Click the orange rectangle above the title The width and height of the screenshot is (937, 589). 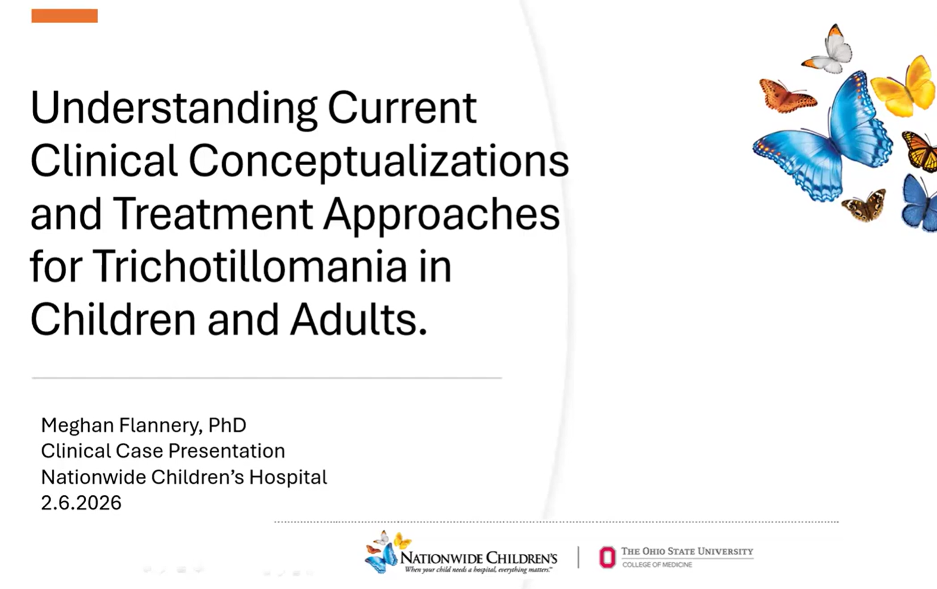click(x=64, y=15)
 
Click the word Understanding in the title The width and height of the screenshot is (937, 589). click(x=173, y=108)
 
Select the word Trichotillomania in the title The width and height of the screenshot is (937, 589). click(x=250, y=266)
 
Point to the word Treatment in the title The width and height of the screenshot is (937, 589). click(x=213, y=213)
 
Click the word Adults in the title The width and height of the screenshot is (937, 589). click(x=359, y=320)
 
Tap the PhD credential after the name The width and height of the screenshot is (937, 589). click(x=227, y=425)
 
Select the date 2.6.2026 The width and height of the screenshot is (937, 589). click(x=81, y=503)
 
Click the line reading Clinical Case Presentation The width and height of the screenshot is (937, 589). click(x=163, y=451)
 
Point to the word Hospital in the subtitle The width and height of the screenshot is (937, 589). click(x=288, y=478)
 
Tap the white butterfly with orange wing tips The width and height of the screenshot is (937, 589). click(x=828, y=50)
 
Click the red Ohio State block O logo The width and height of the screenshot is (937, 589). click(x=608, y=557)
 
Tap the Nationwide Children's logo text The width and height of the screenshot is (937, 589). click(x=478, y=558)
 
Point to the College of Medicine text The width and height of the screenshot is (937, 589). click(x=657, y=565)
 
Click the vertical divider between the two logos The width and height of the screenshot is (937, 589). click(x=578, y=557)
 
